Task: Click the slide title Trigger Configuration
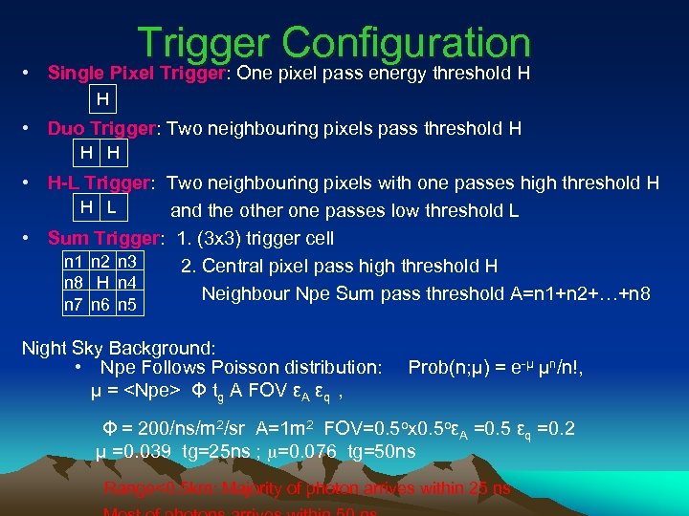[333, 43]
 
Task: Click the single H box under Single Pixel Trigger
[102, 98]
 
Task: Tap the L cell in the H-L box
[112, 207]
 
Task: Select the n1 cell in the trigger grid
[73, 262]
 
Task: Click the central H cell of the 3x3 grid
[100, 283]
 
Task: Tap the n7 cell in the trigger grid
[73, 305]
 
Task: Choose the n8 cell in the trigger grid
[73, 283]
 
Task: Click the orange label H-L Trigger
[100, 183]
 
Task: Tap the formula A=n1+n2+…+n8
[567, 293]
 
